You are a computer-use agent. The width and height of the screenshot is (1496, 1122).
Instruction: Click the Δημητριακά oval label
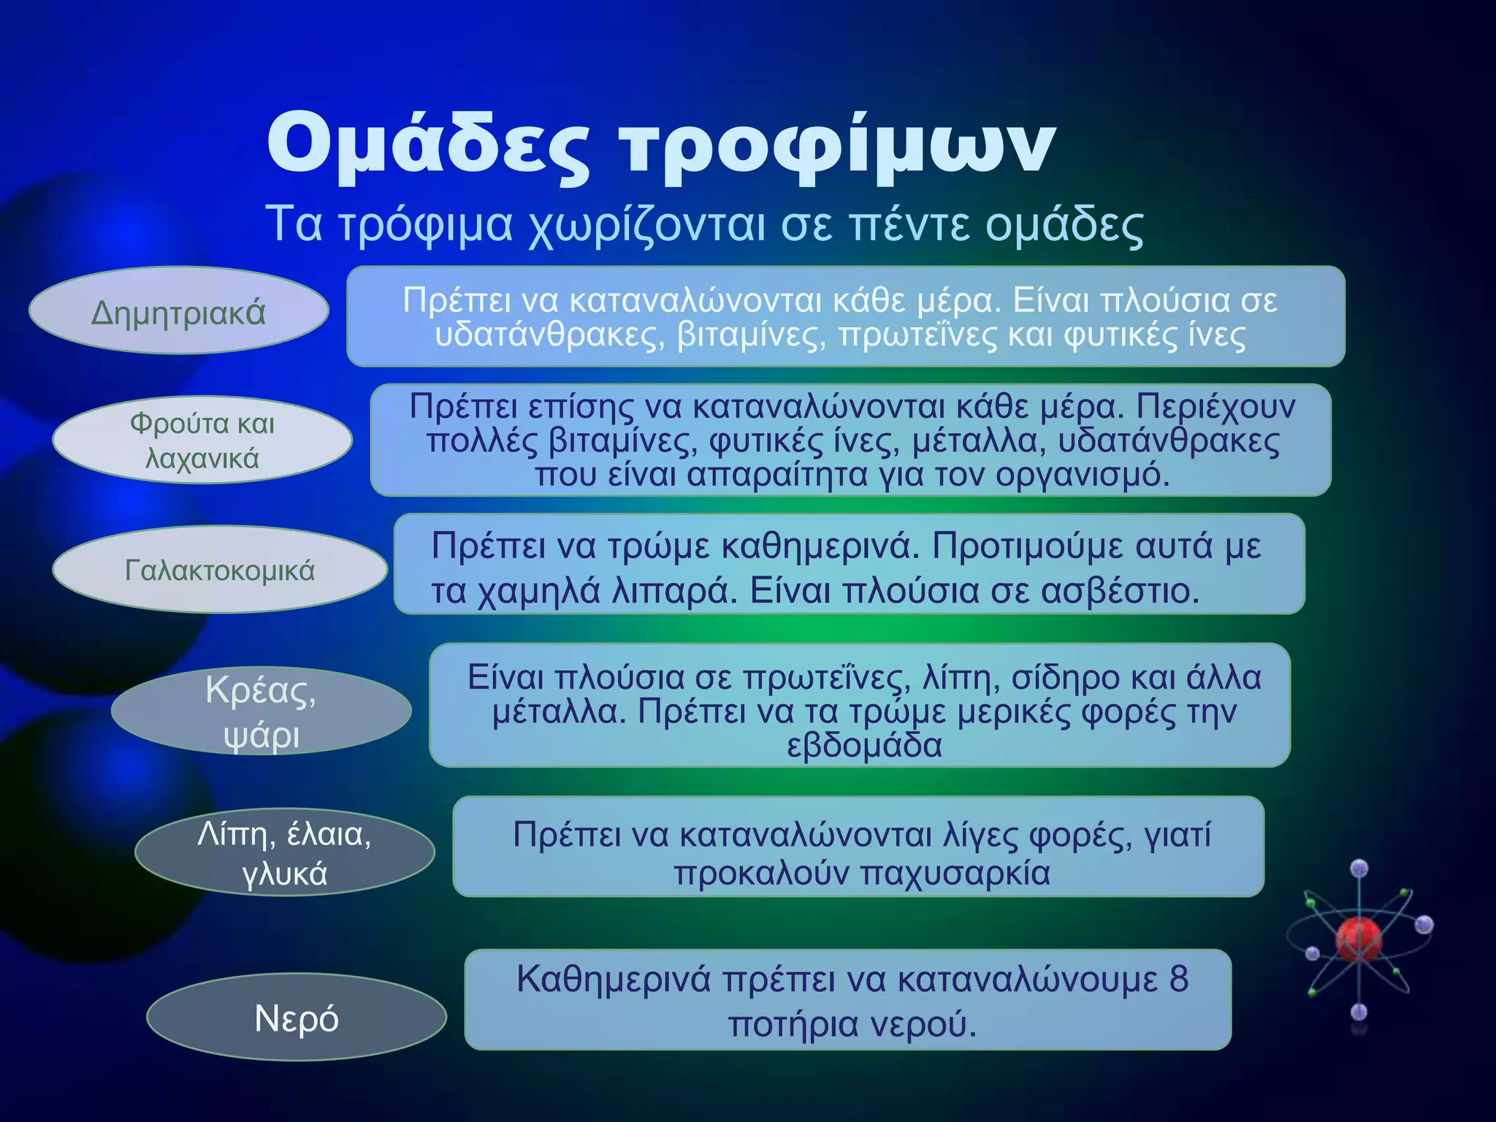pos(178,313)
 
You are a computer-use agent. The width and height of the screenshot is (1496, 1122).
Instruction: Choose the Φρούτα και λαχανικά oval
pos(202,440)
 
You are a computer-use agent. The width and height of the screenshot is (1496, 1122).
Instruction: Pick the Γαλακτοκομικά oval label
pos(219,570)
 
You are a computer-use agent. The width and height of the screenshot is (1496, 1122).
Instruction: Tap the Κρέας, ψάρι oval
pos(261,711)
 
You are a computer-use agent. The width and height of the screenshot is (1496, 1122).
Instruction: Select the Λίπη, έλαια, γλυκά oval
pos(284,853)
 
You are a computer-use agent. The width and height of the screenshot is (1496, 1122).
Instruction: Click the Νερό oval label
pos(296,1018)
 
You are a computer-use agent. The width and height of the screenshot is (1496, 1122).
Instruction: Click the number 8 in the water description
pos(1178,979)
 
